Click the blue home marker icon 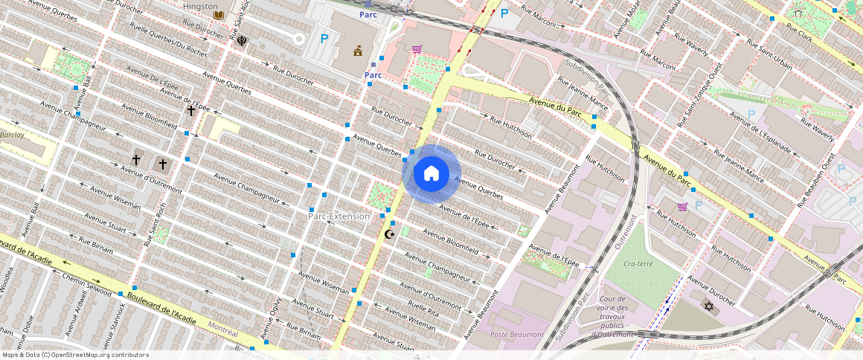click(431, 173)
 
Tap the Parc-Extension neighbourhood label click(339, 216)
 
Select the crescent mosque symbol click(389, 234)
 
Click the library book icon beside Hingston click(219, 15)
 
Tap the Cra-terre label click(638, 263)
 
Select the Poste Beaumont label click(516, 335)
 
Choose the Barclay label click(13, 135)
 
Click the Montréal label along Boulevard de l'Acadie click(222, 327)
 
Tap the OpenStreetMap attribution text click(75, 355)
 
